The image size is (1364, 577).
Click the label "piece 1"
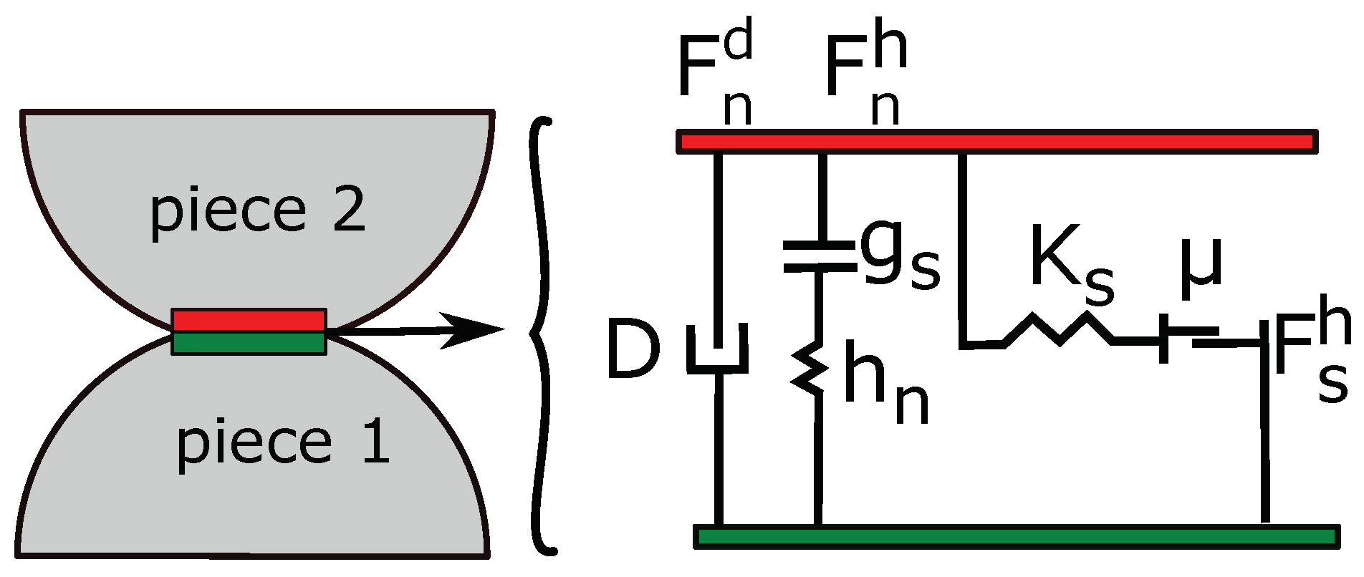pos(283,443)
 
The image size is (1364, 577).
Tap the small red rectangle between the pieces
pos(249,321)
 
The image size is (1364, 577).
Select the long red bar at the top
pos(996,142)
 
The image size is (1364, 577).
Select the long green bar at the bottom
pos(1017,536)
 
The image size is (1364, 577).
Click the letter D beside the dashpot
pos(632,350)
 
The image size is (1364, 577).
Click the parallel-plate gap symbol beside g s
pos(820,256)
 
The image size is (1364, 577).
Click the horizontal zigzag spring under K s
pos(1059,331)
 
